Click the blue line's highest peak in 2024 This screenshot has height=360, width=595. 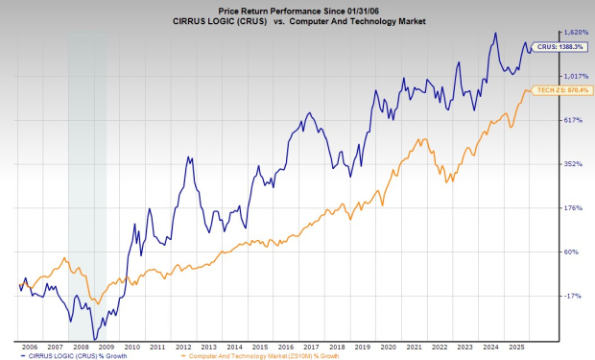point(495,34)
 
